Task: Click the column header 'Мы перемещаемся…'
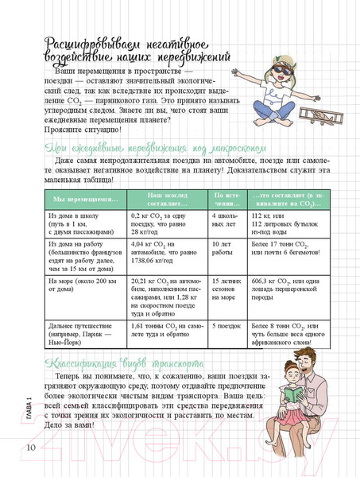click(x=78, y=199)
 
